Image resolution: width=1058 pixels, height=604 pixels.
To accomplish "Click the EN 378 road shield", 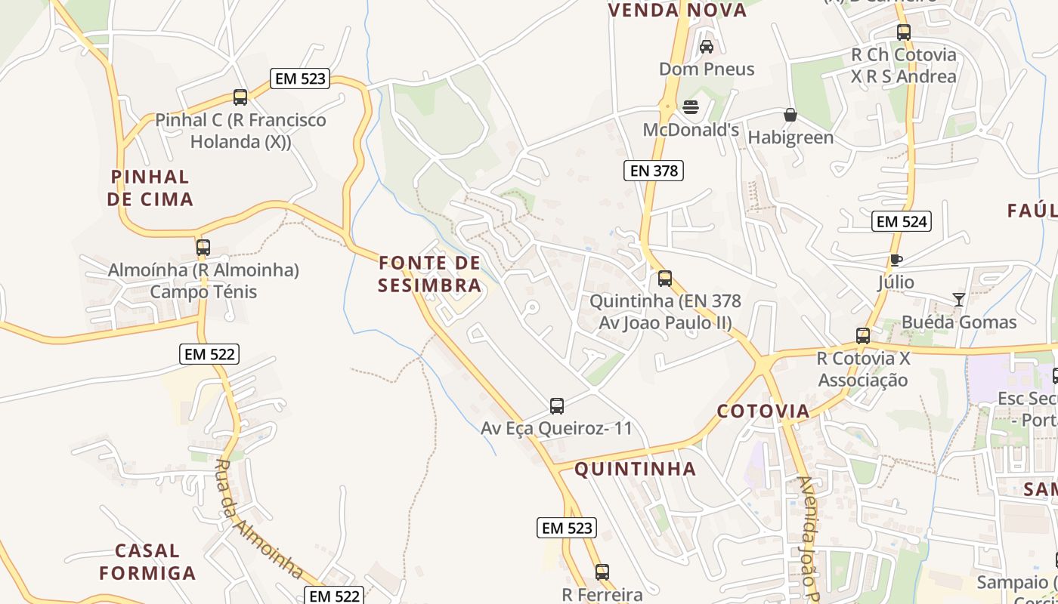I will pyautogui.click(x=654, y=171).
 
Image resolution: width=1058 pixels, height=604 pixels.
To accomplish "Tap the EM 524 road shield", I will pyautogui.click(x=901, y=221).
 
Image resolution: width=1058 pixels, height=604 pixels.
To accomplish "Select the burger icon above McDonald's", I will pyautogui.click(x=691, y=107).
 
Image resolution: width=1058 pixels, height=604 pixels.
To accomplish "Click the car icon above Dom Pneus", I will pyautogui.click(x=707, y=47).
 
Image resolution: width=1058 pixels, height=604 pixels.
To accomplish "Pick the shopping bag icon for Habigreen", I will pyautogui.click(x=790, y=115).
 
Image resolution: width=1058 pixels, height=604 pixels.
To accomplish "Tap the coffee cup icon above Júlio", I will pyautogui.click(x=896, y=260).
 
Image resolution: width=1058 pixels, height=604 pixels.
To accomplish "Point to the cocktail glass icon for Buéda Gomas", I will pyautogui.click(x=959, y=299).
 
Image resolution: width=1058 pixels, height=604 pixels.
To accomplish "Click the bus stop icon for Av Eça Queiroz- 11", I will pyautogui.click(x=557, y=406).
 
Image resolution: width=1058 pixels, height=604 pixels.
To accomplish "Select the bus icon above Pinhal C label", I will pyautogui.click(x=240, y=97).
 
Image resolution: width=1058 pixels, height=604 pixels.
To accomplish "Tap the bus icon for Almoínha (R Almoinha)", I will pyautogui.click(x=203, y=248).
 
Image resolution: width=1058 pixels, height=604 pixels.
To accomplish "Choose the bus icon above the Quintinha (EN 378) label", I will pyautogui.click(x=665, y=279).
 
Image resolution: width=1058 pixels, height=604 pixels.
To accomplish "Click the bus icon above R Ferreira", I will pyautogui.click(x=602, y=572).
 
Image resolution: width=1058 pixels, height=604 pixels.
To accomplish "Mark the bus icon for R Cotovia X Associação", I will pyautogui.click(x=863, y=336).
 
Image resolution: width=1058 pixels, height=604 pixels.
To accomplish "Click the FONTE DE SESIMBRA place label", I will pyautogui.click(x=430, y=274).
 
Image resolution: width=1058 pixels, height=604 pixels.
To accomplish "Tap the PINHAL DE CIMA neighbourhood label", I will pyautogui.click(x=150, y=188).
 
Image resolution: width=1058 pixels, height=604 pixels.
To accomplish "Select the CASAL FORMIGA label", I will pyautogui.click(x=147, y=562).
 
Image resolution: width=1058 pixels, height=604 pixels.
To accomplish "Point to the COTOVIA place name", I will pyautogui.click(x=763, y=411).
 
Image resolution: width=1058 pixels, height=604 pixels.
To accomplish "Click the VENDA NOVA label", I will pyautogui.click(x=677, y=11).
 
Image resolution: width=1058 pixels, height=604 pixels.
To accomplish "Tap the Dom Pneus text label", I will pyautogui.click(x=707, y=69).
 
